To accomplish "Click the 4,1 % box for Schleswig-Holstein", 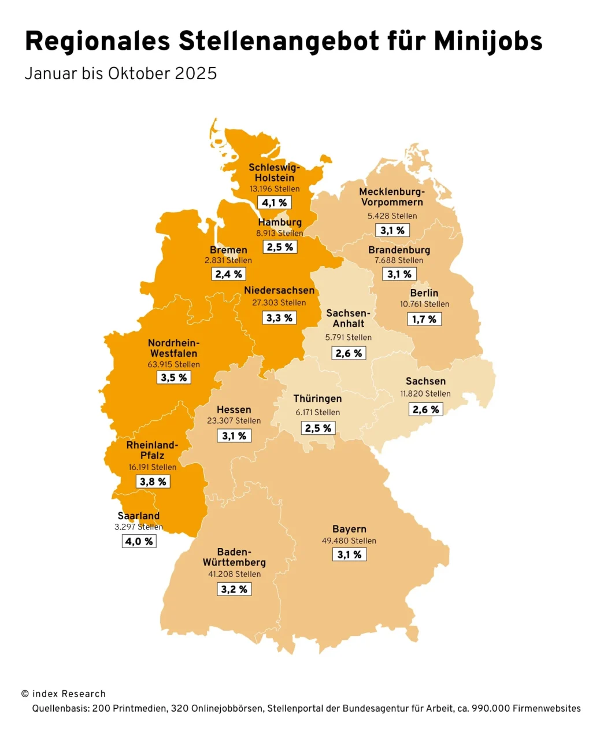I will [x=274, y=203].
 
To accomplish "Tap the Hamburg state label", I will [x=280, y=223].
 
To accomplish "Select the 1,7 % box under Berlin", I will [x=424, y=319].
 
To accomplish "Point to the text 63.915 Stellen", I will [x=173, y=365].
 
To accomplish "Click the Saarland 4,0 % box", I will [x=139, y=542].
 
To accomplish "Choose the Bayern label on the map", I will [x=349, y=529].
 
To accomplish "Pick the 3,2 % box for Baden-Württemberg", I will [x=234, y=590].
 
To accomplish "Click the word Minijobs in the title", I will [x=488, y=41].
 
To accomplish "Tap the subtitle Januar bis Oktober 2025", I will [x=121, y=74].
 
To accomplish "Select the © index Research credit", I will [x=64, y=694].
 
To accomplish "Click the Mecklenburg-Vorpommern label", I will [x=392, y=197].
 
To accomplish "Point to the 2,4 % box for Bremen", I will [x=229, y=274].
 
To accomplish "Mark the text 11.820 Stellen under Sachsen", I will [x=425, y=394].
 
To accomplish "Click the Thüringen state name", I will [x=317, y=399].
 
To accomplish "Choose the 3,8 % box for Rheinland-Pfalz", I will [x=153, y=482].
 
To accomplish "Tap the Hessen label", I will [x=234, y=409].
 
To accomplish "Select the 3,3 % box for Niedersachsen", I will [x=279, y=318].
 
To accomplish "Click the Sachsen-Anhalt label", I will [x=348, y=319].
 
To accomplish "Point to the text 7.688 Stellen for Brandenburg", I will [x=399, y=261].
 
